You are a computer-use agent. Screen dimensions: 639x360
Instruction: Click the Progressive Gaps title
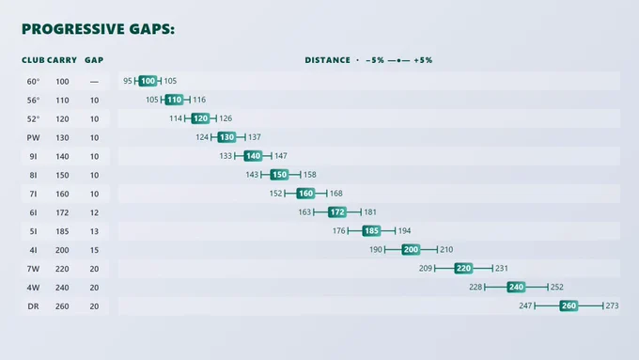tap(98, 29)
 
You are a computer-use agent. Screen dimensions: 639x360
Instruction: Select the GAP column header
tap(94, 60)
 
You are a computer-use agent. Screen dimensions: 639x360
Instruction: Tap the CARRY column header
tap(62, 60)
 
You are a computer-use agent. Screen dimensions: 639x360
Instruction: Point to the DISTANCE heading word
tap(328, 60)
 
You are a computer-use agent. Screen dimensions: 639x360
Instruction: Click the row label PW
tap(34, 138)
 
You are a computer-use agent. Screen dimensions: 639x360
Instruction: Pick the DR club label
tap(34, 306)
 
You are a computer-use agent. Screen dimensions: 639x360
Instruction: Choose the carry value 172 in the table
tap(62, 212)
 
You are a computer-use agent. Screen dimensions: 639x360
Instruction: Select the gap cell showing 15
tap(94, 250)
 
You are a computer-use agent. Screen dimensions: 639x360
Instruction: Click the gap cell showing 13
tap(94, 231)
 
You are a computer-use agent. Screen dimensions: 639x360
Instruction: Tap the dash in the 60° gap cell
tap(94, 82)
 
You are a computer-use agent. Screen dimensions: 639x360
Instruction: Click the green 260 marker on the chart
tap(569, 305)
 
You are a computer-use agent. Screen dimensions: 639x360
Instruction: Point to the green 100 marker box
tap(148, 81)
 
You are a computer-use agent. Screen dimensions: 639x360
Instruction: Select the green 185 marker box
tap(372, 231)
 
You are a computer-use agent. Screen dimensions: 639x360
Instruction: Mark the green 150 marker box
tap(280, 175)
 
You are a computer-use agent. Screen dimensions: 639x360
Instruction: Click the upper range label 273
tap(612, 305)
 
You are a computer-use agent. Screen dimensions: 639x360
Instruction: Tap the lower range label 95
tap(128, 81)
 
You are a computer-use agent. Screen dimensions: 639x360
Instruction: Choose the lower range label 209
tap(426, 268)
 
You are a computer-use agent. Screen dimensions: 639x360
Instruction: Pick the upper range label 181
tap(370, 212)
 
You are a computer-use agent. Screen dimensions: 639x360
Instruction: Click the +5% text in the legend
tap(423, 60)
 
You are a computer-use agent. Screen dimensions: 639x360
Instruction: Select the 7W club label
tap(34, 269)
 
